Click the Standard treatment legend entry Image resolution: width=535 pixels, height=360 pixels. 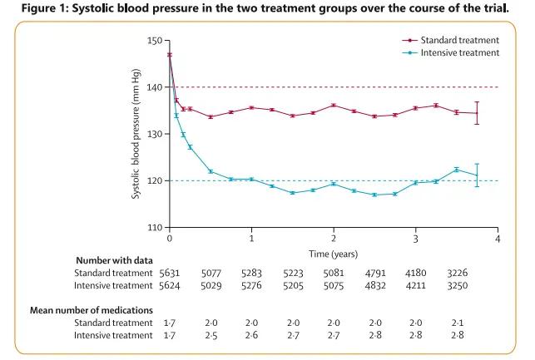(x=459, y=40)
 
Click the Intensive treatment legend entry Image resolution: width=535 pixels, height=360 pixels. (x=459, y=52)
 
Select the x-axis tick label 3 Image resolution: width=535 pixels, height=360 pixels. (x=416, y=238)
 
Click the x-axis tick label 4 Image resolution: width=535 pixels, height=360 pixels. (x=498, y=238)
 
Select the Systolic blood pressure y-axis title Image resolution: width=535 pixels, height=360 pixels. (x=135, y=134)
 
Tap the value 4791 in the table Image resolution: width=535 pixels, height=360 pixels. (x=374, y=271)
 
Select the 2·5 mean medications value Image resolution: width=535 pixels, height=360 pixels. (x=211, y=334)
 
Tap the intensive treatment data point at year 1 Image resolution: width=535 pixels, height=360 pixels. (x=251, y=180)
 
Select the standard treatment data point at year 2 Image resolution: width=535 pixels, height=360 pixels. (x=334, y=106)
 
